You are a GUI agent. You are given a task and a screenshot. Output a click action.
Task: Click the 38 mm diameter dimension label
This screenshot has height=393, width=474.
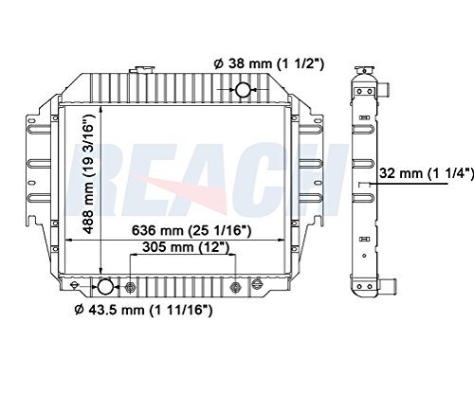pyautogui.click(x=269, y=63)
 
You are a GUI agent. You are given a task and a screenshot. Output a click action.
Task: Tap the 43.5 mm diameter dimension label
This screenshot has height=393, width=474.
pyautogui.click(x=143, y=310)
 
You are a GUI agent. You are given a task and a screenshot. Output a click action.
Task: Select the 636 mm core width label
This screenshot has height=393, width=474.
pyautogui.click(x=191, y=230)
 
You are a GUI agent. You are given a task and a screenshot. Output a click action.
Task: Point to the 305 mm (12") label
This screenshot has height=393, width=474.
pyautogui.click(x=186, y=247)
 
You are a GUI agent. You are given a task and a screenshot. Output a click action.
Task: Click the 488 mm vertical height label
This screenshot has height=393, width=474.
pyautogui.click(x=89, y=174)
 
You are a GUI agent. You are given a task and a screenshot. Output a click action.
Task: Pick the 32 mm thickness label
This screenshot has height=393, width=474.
pyautogui.click(x=427, y=173)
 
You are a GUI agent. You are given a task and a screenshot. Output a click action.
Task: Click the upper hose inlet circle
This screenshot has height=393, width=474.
pyautogui.click(x=243, y=89)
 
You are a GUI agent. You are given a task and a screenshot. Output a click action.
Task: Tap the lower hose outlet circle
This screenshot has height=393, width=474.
pyautogui.click(x=105, y=287)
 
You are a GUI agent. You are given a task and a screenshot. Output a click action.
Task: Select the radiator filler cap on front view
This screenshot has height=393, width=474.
pyautogui.click(x=142, y=69)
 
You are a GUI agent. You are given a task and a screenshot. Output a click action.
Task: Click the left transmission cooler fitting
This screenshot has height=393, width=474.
pyautogui.click(x=130, y=287)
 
